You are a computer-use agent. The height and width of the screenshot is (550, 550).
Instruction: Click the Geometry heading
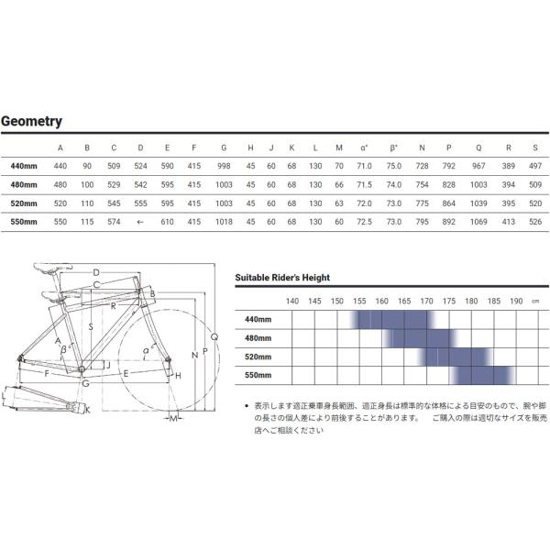31,121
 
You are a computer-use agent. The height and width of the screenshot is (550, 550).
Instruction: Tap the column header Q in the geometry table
478,148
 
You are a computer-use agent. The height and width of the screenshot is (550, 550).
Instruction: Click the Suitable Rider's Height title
282,277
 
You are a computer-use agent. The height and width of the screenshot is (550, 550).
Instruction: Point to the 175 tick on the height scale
449,301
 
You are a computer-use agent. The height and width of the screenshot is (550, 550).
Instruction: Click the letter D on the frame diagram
95,272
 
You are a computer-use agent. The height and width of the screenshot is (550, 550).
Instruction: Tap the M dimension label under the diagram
171,419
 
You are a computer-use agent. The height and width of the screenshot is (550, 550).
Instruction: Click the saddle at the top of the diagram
49,268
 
